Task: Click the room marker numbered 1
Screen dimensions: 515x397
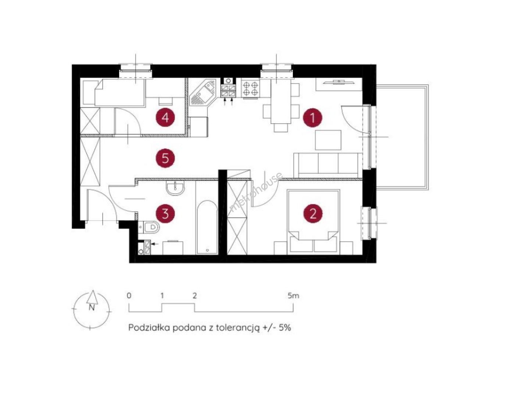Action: [x=313, y=118]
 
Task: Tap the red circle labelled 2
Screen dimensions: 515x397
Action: [x=313, y=214]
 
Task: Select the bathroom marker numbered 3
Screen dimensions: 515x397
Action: [x=165, y=214]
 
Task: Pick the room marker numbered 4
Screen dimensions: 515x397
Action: [x=165, y=117]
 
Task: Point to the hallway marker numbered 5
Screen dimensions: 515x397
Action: [x=165, y=158]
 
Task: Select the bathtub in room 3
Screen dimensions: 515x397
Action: [x=207, y=228]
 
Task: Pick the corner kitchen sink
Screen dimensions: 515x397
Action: [x=203, y=93]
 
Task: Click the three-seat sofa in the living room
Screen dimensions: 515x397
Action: [x=328, y=165]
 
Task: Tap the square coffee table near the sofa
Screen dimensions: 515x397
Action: [x=328, y=140]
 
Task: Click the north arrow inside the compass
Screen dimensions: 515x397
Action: [x=92, y=297]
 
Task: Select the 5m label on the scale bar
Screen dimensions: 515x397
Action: [x=294, y=296]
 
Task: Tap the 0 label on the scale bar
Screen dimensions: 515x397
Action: [x=129, y=296]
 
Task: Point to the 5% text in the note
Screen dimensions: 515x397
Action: [x=284, y=328]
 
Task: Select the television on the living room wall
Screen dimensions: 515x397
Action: [x=339, y=82]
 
